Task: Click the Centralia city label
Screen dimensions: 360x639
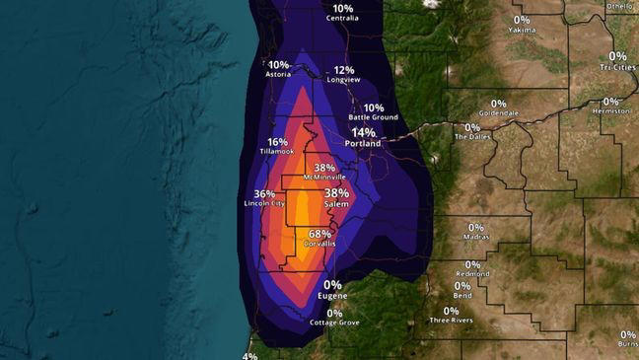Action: click(x=342, y=18)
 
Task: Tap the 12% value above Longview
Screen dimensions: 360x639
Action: click(x=344, y=70)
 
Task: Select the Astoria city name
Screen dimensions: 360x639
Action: click(x=278, y=74)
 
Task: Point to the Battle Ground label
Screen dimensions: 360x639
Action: click(x=373, y=117)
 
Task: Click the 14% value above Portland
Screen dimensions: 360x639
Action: click(x=363, y=132)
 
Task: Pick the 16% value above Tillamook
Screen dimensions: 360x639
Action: click(x=277, y=142)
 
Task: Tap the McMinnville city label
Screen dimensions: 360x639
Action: click(x=324, y=177)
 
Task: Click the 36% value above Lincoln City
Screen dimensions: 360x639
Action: click(x=264, y=194)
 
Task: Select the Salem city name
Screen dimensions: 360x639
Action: click(x=336, y=204)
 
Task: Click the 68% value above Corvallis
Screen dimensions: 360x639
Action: click(x=319, y=235)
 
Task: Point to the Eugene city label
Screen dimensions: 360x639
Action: click(x=332, y=295)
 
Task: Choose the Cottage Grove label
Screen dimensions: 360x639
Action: click(x=334, y=323)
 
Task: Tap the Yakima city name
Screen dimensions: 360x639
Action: click(x=522, y=30)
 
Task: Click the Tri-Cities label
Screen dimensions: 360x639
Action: click(x=617, y=67)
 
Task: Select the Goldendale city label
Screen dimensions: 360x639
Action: click(x=498, y=113)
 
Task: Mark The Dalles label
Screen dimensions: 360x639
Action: click(x=471, y=137)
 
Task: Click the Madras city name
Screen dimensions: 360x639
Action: click(x=475, y=237)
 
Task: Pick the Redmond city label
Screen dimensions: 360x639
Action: click(x=472, y=274)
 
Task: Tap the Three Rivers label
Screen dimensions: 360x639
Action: click(x=451, y=321)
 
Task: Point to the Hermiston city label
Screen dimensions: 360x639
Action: click(x=611, y=111)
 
